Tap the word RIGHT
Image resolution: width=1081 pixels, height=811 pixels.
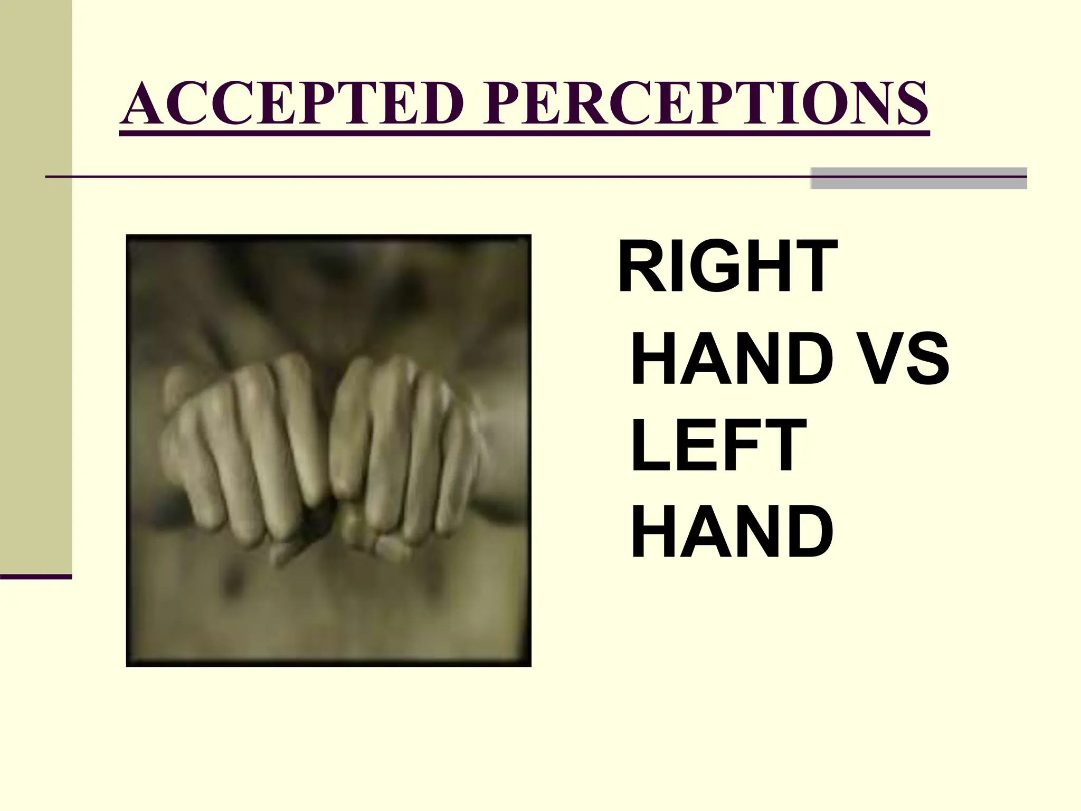(x=727, y=266)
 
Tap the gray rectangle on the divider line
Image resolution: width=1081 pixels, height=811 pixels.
(x=918, y=178)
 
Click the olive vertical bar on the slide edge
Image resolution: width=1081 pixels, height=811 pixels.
(x=36, y=285)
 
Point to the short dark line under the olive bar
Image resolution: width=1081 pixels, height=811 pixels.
(x=36, y=577)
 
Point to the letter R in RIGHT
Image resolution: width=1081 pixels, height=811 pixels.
(x=639, y=266)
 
